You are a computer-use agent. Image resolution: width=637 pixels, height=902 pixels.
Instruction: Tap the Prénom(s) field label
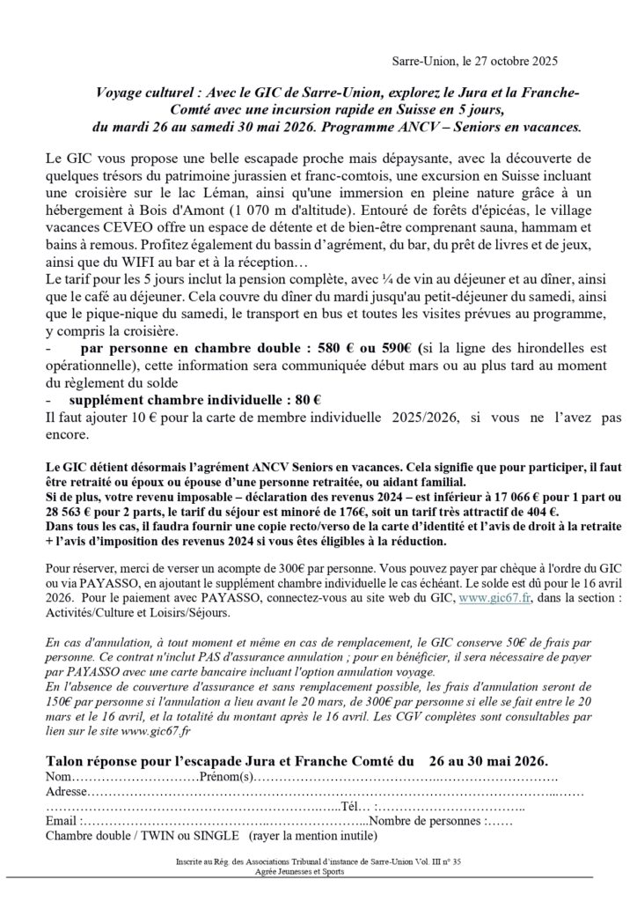(227, 776)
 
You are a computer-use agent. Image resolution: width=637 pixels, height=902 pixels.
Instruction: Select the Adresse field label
(68, 792)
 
